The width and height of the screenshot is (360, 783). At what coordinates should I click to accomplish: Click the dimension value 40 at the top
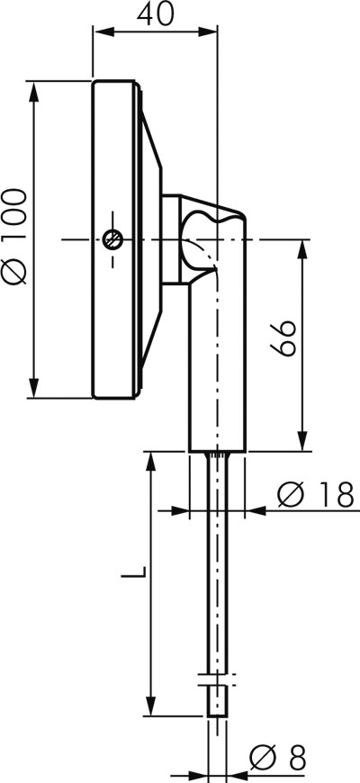tap(156, 14)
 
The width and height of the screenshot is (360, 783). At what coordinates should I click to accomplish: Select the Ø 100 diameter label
tap(14, 238)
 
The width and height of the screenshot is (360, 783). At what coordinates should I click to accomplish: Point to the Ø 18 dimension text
tap(316, 495)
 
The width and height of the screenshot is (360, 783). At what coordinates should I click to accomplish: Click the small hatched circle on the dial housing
tap(112, 239)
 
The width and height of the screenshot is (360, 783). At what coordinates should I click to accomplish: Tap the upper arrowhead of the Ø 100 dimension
tap(34, 91)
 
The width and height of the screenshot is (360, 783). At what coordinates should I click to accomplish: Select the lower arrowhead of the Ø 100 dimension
tap(34, 388)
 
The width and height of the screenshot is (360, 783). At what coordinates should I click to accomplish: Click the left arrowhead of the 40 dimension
tap(103, 31)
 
